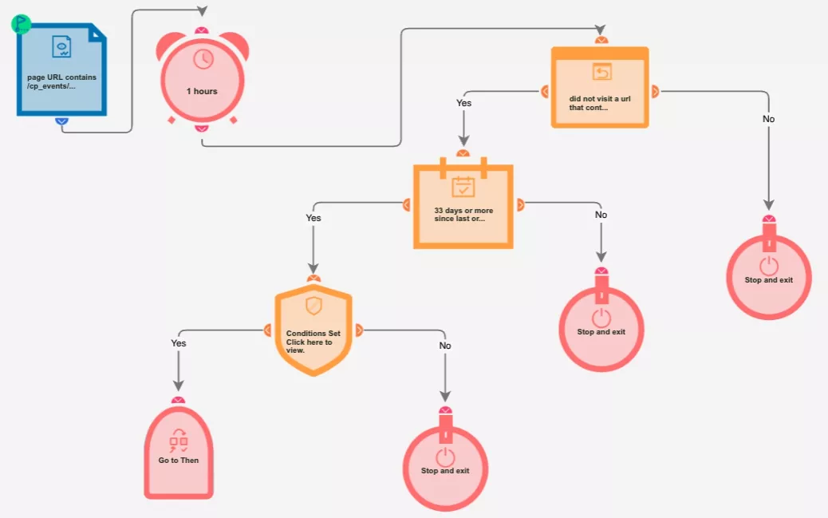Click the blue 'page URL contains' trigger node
(x=61, y=69)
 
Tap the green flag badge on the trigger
(x=21, y=24)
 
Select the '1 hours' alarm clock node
(x=203, y=78)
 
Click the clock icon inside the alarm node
(x=203, y=59)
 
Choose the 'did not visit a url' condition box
(x=600, y=87)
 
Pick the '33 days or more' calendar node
(x=463, y=205)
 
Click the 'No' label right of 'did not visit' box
(x=769, y=119)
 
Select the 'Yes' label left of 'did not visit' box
(x=463, y=102)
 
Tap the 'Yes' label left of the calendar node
(x=313, y=218)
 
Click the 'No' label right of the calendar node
(x=601, y=215)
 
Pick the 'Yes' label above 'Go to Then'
(x=179, y=343)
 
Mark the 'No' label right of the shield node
(x=445, y=345)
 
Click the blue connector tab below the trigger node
(x=61, y=121)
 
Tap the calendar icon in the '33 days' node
(x=463, y=187)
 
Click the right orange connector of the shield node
(x=359, y=330)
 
